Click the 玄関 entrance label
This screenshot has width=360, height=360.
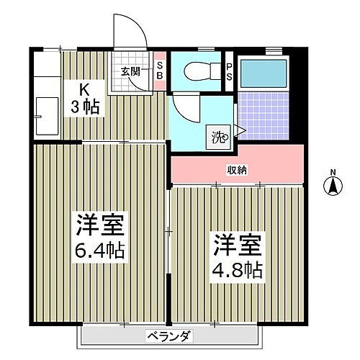(x=130, y=71)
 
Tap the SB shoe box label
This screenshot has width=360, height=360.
(x=160, y=71)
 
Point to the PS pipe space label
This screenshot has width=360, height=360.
(x=229, y=72)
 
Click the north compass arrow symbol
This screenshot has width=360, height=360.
(x=333, y=186)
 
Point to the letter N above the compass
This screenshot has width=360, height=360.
(x=333, y=171)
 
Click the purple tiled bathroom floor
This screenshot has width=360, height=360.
(x=263, y=115)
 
